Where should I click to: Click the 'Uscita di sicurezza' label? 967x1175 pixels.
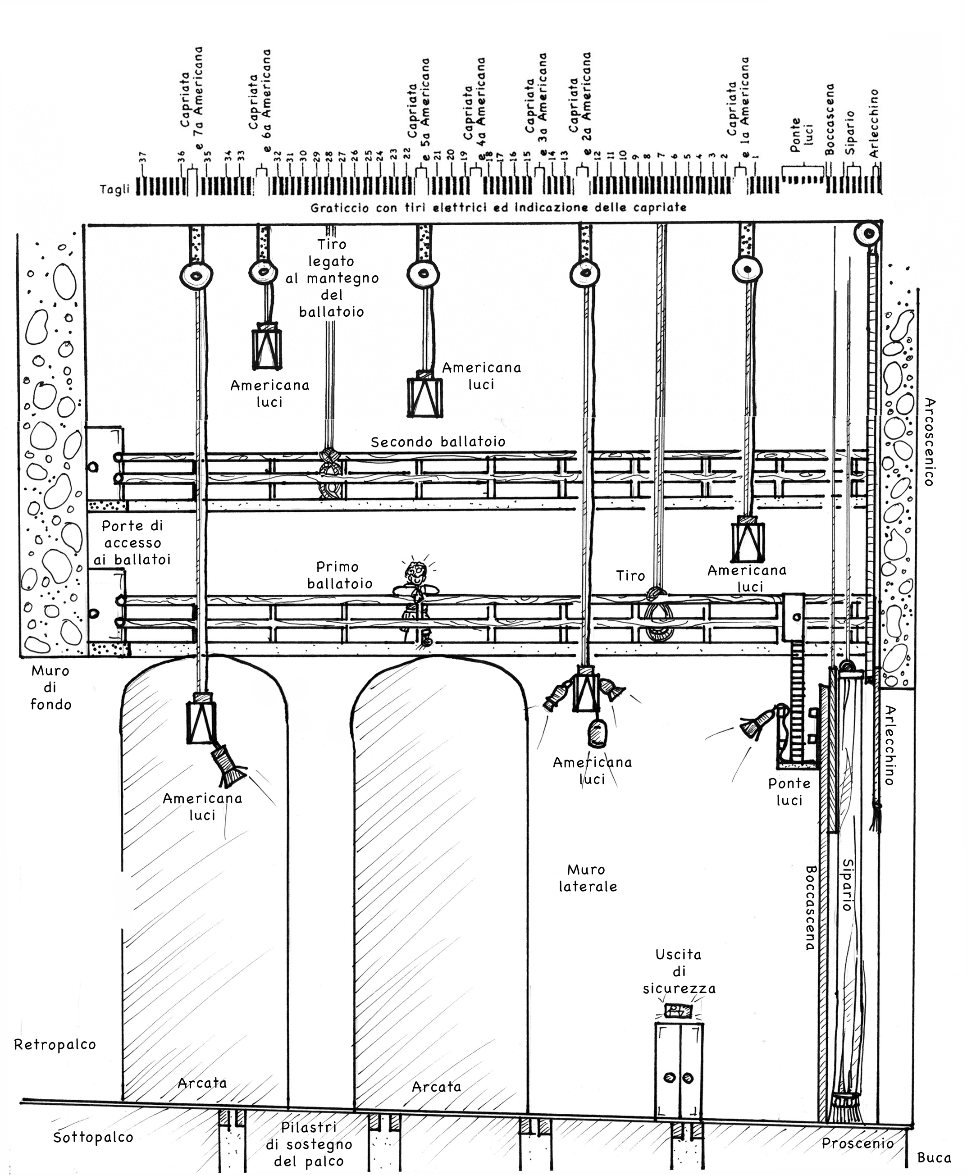679,972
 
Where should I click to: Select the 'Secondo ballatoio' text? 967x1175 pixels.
438,442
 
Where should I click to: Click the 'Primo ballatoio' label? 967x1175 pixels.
339,575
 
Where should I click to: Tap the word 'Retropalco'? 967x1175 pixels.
55,1045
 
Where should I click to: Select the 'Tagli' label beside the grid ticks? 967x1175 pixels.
114,189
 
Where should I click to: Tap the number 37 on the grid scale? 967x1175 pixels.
143,158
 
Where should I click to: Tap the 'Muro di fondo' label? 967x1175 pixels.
50,688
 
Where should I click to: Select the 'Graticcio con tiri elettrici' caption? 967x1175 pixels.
498,208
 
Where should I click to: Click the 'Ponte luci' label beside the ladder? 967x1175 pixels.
789,792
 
